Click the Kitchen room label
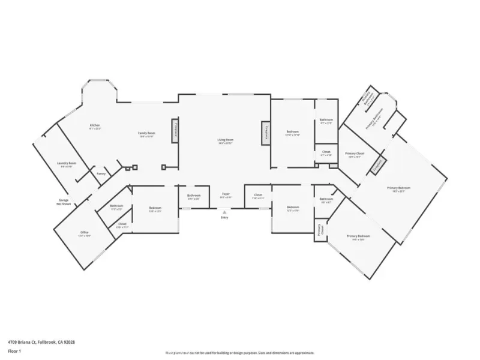pyautogui.click(x=95, y=126)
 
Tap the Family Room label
pyautogui.click(x=146, y=134)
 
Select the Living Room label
pyautogui.click(x=225, y=141)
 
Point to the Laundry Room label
pyautogui.click(x=66, y=164)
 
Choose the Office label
pyautogui.click(x=85, y=233)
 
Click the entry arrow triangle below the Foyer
pyautogui.click(x=224, y=212)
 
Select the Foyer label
pyautogui.click(x=226, y=195)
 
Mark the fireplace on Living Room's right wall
pyautogui.click(x=263, y=133)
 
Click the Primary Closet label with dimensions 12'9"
pyautogui.click(x=355, y=155)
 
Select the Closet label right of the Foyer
pyautogui.click(x=258, y=196)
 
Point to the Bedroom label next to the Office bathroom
pyautogui.click(x=155, y=209)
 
